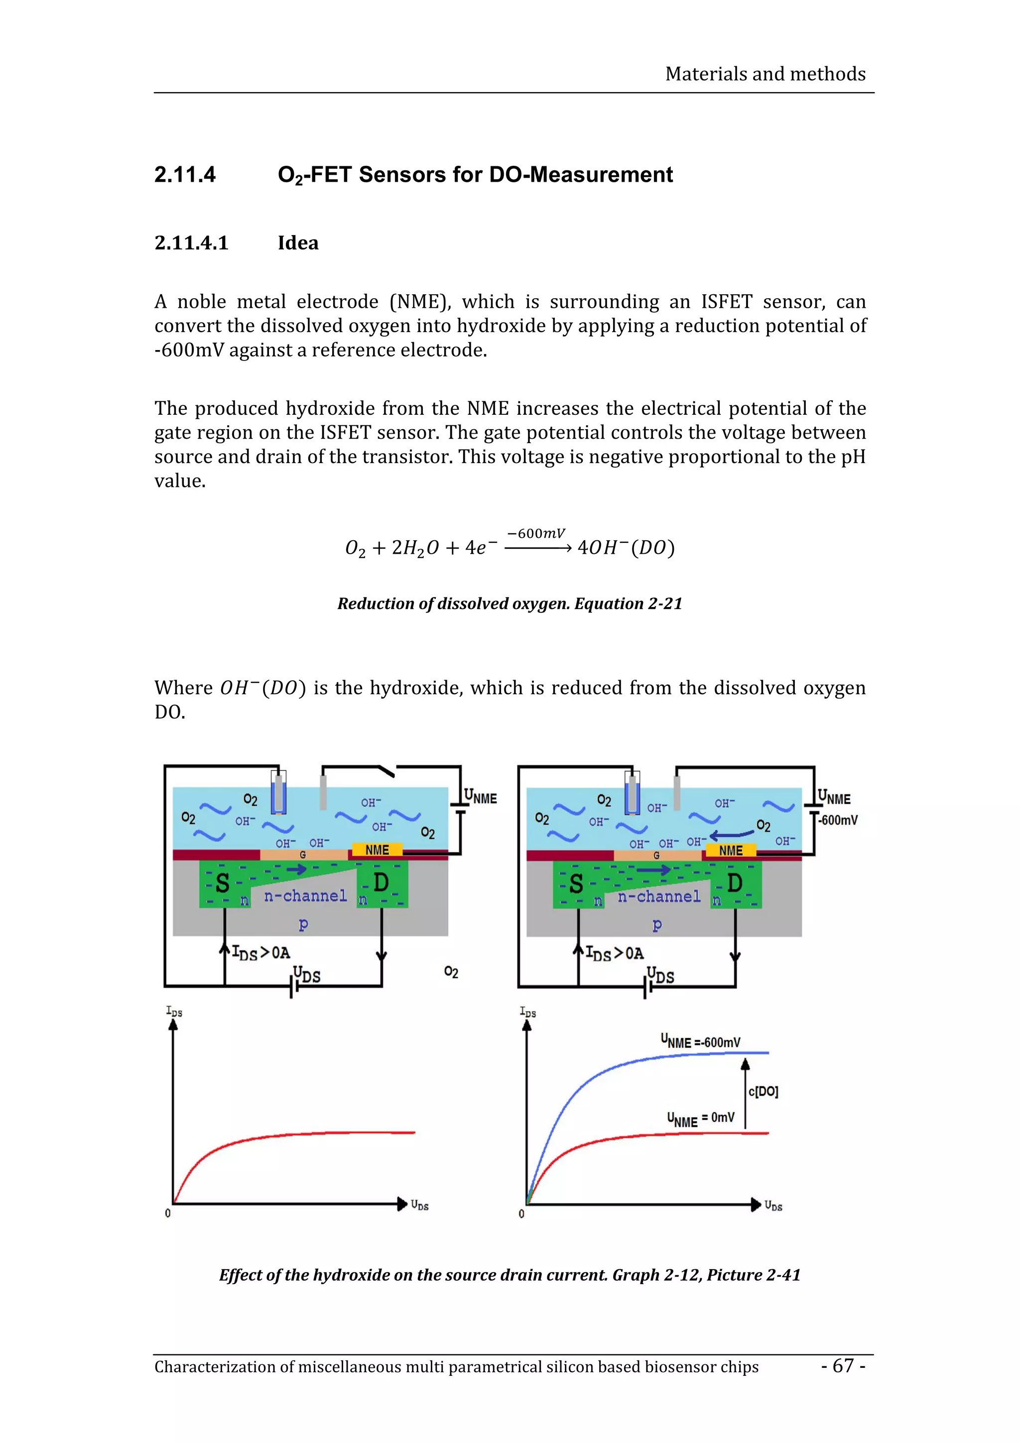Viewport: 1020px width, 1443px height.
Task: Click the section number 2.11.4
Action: [x=185, y=175]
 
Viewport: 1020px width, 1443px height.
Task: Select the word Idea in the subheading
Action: [x=298, y=243]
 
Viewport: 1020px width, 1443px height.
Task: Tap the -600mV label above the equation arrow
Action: [x=535, y=534]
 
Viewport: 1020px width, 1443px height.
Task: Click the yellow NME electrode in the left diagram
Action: [x=377, y=849]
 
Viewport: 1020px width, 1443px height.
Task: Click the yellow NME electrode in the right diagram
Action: [x=730, y=850]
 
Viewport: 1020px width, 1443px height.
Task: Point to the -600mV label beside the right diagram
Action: [x=838, y=820]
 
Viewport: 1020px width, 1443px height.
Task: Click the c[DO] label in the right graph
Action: [x=763, y=1091]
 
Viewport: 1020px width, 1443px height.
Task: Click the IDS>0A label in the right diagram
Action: [x=614, y=954]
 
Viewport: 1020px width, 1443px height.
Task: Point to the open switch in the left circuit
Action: [x=384, y=769]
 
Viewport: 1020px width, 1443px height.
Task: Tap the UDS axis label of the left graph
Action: [x=419, y=1205]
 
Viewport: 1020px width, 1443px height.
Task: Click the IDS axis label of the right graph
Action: [x=527, y=1012]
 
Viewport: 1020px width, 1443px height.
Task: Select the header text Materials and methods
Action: [x=765, y=74]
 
